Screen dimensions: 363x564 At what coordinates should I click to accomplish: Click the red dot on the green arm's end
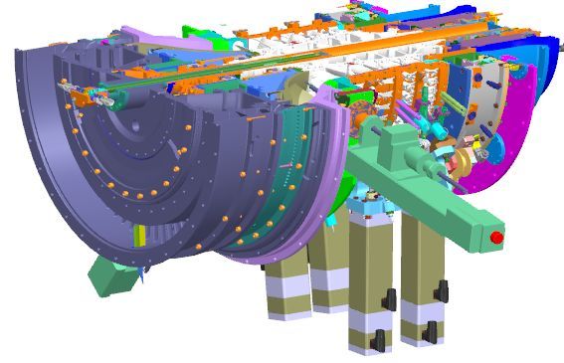pos(494,237)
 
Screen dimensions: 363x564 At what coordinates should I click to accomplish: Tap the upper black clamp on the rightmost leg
pos(436,291)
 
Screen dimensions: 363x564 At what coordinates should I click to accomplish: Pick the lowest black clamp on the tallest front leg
pos(376,344)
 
